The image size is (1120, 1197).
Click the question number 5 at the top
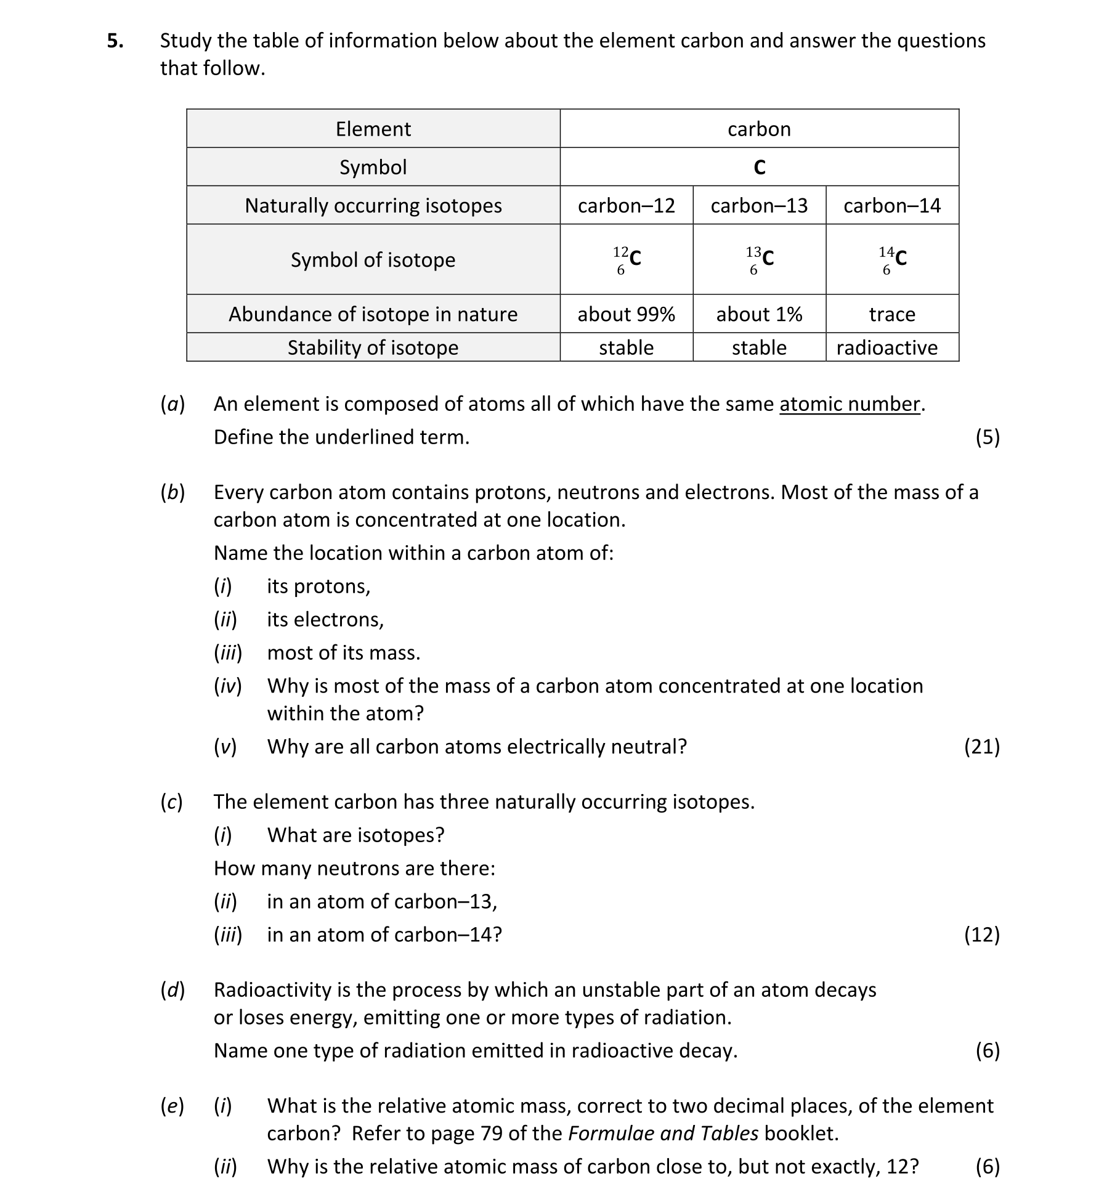[x=115, y=41]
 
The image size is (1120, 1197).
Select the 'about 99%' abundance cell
[x=626, y=314]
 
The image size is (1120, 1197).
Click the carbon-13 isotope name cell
[x=758, y=205]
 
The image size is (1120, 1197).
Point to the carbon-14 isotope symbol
[x=893, y=259]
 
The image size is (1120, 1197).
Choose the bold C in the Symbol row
[x=759, y=168]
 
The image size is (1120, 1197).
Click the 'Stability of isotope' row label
[x=373, y=347]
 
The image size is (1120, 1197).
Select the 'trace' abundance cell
[x=891, y=314]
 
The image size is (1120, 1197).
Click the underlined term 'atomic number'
[x=850, y=404]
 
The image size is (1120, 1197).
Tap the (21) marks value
[x=981, y=747]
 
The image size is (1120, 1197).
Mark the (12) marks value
[x=981, y=935]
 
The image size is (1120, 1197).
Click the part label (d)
[x=172, y=990]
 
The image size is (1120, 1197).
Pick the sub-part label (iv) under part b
[x=227, y=686]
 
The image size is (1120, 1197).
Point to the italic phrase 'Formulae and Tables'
[x=663, y=1134]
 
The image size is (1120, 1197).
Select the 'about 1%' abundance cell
[x=758, y=314]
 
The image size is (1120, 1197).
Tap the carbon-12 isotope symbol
[x=627, y=259]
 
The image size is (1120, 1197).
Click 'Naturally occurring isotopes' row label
[x=373, y=205]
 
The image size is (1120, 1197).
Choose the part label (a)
[x=172, y=404]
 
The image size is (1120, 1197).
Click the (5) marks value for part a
[x=988, y=437]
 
